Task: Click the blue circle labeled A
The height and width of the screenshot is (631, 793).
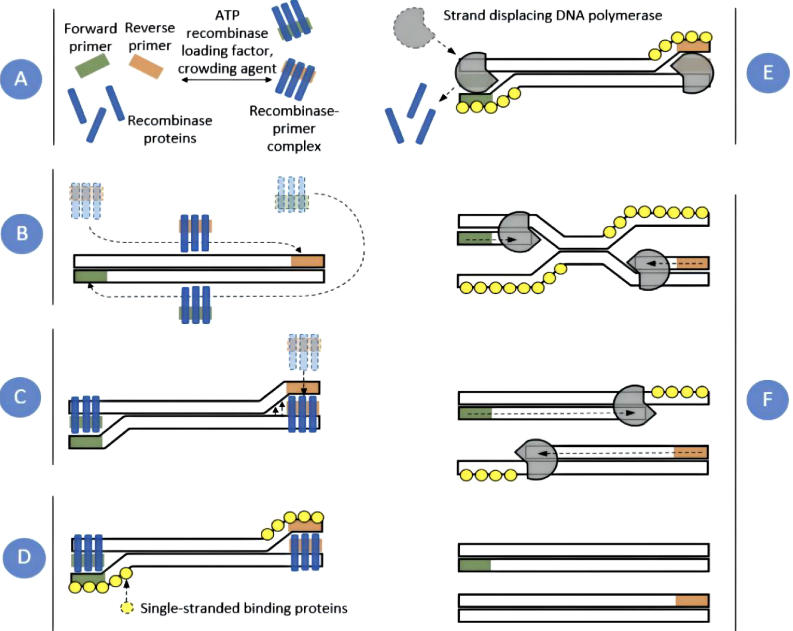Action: [x=22, y=79]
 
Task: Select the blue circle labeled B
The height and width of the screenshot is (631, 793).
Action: [x=22, y=234]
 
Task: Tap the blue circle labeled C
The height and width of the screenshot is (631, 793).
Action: [x=22, y=397]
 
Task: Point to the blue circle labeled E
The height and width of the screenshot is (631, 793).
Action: [x=768, y=72]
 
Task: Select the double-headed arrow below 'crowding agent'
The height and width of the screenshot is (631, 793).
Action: [x=228, y=80]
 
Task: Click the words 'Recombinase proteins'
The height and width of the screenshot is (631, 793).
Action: [x=169, y=129]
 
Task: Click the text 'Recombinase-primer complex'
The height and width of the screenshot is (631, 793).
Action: [x=293, y=128]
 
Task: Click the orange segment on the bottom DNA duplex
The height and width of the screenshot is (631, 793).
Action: [x=692, y=600]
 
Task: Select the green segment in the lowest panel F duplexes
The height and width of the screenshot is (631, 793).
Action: [x=475, y=565]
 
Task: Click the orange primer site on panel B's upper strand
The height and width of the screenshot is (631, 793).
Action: [x=307, y=260]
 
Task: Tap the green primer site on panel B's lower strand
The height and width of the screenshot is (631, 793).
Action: [x=91, y=276]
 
